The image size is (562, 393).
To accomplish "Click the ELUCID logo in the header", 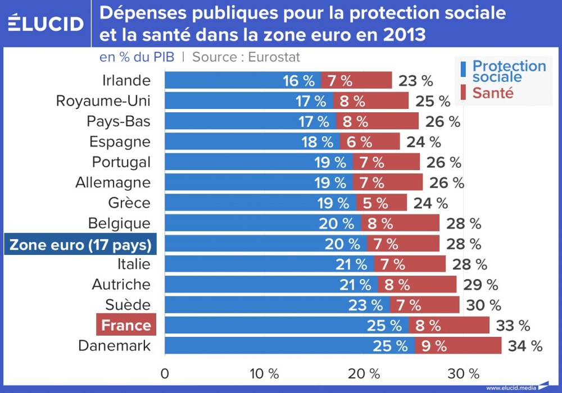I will pos(46,24).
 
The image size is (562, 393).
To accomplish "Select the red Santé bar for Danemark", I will pos(458,346).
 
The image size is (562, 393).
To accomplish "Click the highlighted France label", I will pos(126,326).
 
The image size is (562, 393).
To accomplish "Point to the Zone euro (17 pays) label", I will pos(80,245).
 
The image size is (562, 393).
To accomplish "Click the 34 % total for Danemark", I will pos(525,346).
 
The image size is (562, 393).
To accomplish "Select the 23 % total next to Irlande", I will pos(416,81).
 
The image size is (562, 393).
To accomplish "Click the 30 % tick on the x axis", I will pos(464,373).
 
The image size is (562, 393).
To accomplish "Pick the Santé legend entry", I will pos(493,93).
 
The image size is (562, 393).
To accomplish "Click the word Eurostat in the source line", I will pos(275,57).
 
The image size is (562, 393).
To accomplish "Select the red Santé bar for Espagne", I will pos(369,141).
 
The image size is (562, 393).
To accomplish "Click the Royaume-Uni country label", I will pos(103,101).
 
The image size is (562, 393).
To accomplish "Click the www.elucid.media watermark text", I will pos(510,387).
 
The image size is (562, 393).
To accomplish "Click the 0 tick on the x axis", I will pos(165,373).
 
